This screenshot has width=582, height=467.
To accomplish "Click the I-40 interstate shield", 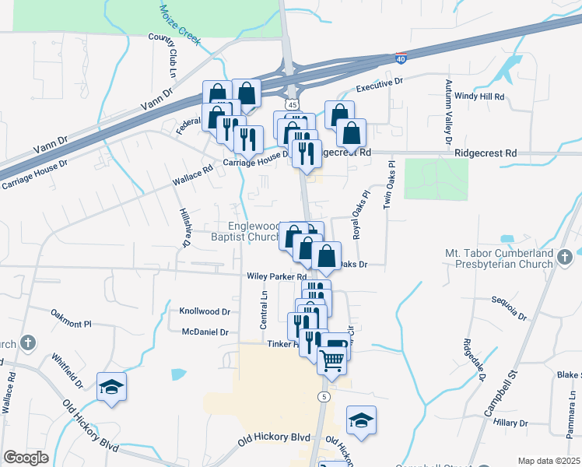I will click(x=401, y=58).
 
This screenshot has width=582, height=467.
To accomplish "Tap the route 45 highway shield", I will click(x=290, y=104).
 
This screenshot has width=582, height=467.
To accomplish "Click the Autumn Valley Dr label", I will click(x=448, y=113).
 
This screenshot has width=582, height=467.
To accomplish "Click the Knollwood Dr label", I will click(x=205, y=311).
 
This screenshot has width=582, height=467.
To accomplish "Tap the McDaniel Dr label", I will click(x=204, y=332).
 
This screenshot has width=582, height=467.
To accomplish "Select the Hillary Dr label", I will click(x=510, y=422).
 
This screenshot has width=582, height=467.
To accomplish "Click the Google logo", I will click(x=26, y=458).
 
